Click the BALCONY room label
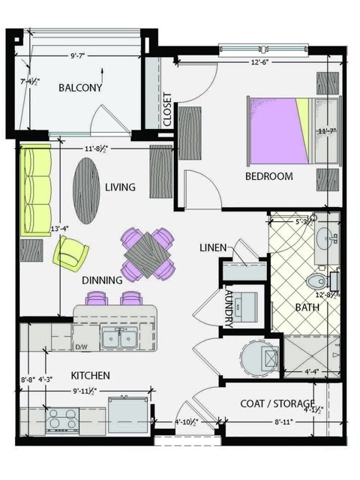[x=79, y=88]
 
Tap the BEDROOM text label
[x=268, y=177]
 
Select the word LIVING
[x=120, y=187]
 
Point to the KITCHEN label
[x=91, y=375]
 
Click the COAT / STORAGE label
[x=277, y=404]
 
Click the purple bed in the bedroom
[x=277, y=129]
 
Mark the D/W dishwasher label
[x=82, y=346]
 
